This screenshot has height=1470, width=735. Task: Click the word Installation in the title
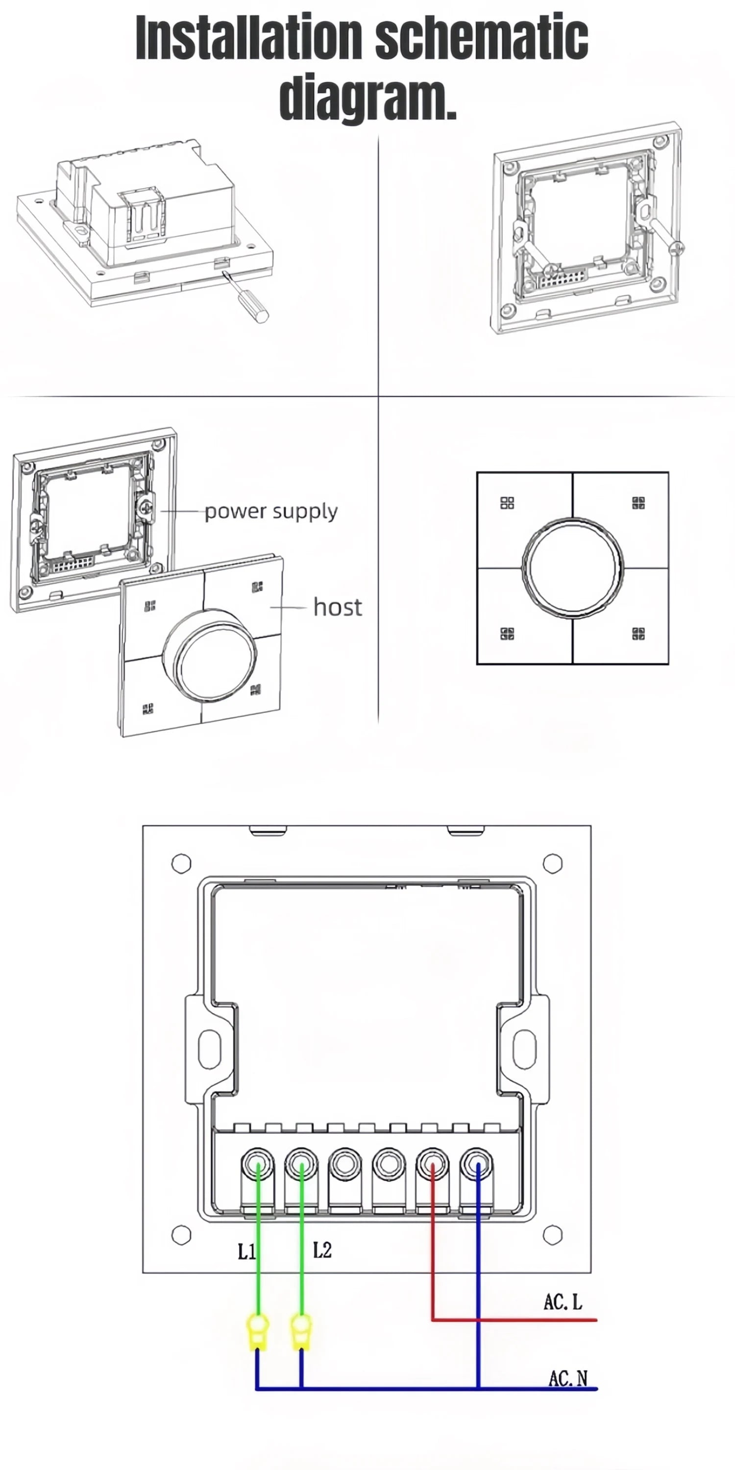coord(249,38)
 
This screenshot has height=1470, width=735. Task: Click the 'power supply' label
coord(271,511)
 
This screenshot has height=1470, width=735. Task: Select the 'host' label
coord(337,607)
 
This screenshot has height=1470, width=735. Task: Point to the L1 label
coord(246,1252)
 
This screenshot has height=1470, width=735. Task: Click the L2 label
coord(322,1250)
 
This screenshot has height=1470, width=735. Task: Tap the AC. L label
coord(563,1302)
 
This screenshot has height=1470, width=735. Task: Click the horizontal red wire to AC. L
coord(514,1320)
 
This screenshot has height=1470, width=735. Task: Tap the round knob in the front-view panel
coord(572,568)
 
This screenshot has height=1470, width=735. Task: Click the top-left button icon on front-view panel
coord(507,503)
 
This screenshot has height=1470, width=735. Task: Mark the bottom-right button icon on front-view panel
coord(638,634)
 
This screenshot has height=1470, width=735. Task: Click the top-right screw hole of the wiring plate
coord(552,863)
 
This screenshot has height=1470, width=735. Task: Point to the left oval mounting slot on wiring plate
coord(209,1048)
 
